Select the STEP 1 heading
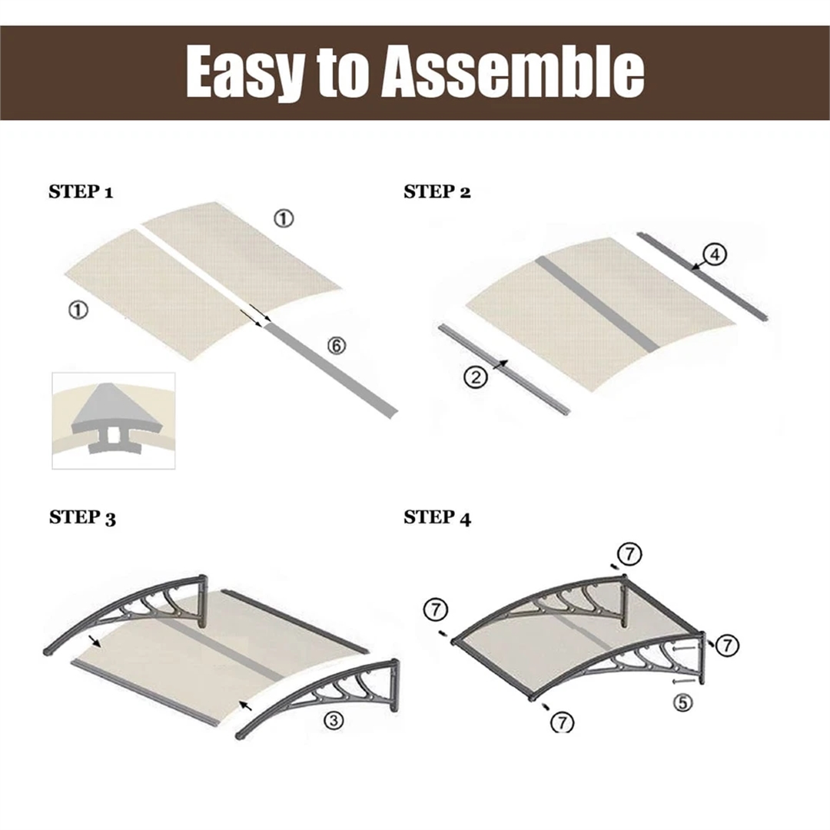click(x=81, y=191)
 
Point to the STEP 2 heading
click(x=437, y=191)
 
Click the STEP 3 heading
click(x=82, y=517)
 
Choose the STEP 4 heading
click(x=437, y=517)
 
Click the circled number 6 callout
click(x=336, y=346)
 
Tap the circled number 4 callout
click(x=715, y=254)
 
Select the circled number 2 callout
click(x=476, y=377)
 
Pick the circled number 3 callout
click(x=334, y=720)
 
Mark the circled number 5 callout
click(x=683, y=702)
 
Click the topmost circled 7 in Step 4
click(x=629, y=554)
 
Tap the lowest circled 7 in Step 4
click(x=562, y=722)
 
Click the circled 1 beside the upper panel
click(x=284, y=218)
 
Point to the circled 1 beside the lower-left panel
click(x=78, y=310)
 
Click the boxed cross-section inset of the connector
click(x=113, y=421)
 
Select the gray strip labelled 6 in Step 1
click(x=330, y=370)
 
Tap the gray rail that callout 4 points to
click(x=702, y=277)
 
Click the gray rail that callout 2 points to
click(x=503, y=370)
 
